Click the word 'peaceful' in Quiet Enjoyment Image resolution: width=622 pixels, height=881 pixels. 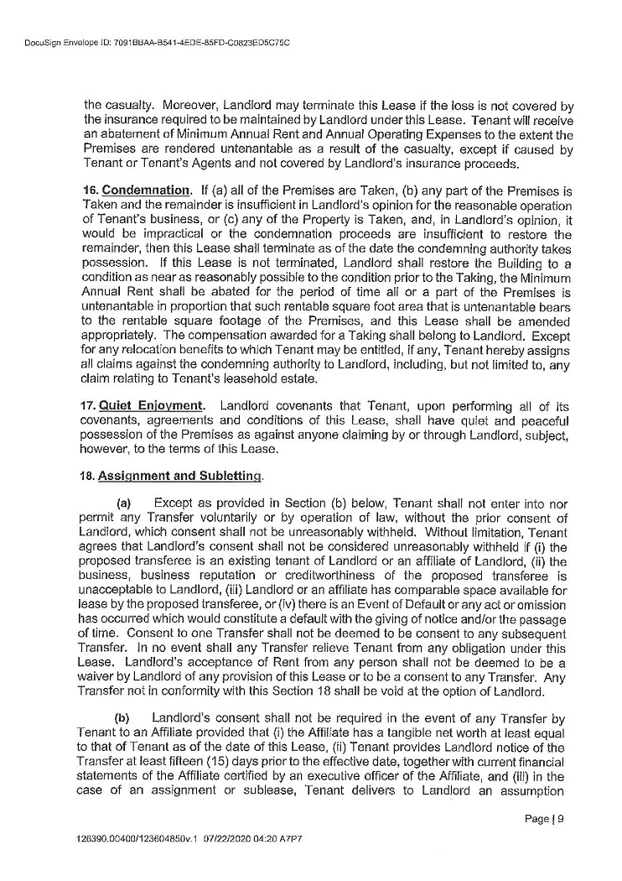tap(548, 420)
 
